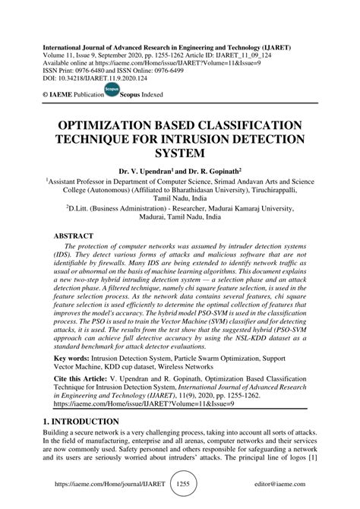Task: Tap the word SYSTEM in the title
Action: pos(180,153)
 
